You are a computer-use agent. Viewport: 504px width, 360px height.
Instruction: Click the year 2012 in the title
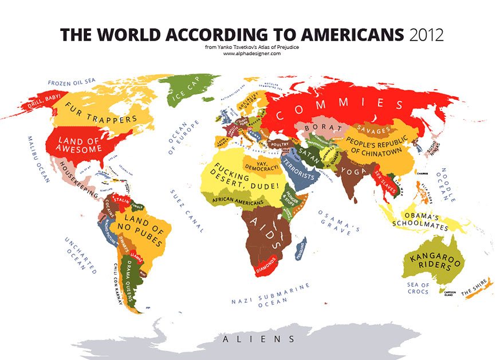point(427,34)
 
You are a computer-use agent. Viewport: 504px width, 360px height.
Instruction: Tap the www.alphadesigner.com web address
point(251,53)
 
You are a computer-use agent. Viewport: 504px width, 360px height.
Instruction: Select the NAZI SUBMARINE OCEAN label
point(271,295)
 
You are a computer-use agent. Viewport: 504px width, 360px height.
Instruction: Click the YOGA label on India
point(350,171)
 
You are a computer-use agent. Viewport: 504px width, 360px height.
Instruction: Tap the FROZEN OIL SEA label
point(71,82)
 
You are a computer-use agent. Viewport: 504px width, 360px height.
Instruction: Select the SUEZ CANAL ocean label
point(187,209)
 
